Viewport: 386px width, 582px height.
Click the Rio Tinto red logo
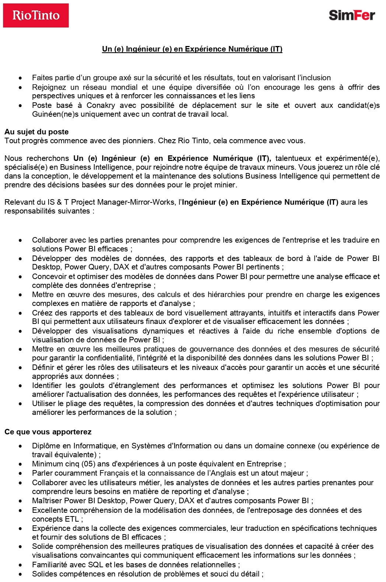(x=36, y=15)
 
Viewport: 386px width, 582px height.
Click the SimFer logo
(x=352, y=15)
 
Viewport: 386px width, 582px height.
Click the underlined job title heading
(x=192, y=49)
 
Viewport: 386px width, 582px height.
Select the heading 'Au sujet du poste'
(x=36, y=132)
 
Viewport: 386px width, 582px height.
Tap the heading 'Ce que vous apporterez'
(x=48, y=432)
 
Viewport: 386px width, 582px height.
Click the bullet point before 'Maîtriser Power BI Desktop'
(x=20, y=501)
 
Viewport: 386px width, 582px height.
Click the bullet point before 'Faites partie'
(x=20, y=78)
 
